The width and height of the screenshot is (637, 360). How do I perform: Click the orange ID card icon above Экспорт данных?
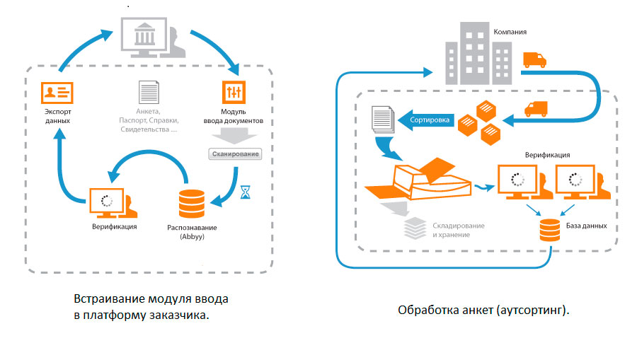click(x=57, y=93)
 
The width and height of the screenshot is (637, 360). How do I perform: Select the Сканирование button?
click(x=235, y=153)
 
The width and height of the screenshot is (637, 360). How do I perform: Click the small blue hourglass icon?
click(x=246, y=191)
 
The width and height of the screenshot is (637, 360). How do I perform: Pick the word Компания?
click(x=510, y=33)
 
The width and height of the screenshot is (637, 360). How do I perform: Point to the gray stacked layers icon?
click(x=413, y=228)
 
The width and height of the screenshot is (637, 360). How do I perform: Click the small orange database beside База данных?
click(x=549, y=229)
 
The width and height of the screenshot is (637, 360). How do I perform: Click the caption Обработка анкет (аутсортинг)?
click(x=484, y=310)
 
